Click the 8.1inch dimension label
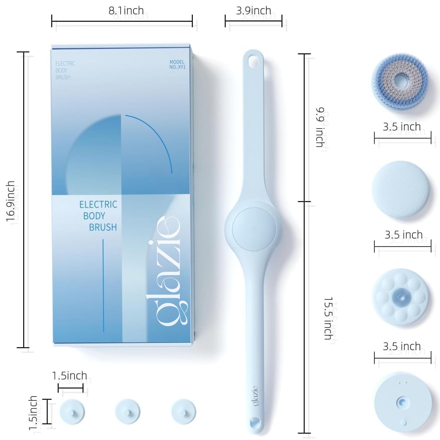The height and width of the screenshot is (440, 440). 126,11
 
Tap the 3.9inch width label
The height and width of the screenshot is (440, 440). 253,11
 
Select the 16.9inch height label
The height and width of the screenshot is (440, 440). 11,201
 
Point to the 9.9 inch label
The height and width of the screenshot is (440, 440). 320,127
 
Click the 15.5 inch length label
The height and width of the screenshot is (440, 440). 328,318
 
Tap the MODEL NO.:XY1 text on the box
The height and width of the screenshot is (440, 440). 177,65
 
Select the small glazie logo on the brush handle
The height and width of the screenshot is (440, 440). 255,396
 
